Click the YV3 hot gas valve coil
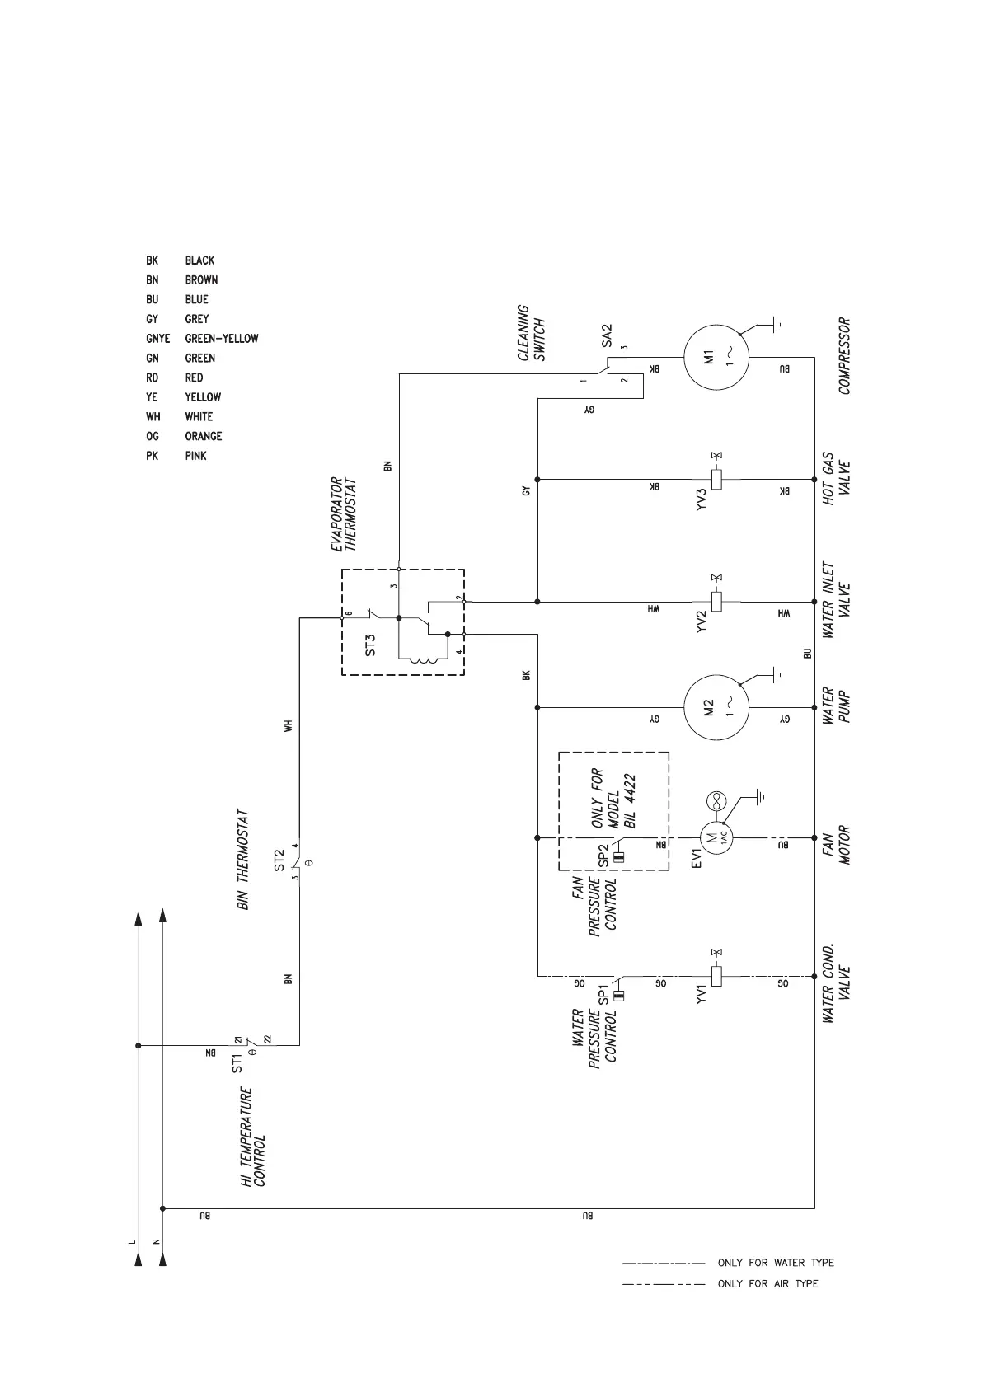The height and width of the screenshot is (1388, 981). (716, 479)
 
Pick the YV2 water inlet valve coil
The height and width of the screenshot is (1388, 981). (716, 601)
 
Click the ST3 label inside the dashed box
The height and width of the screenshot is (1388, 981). (371, 644)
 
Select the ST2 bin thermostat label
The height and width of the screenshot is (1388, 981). (279, 860)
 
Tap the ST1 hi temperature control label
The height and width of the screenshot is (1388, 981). (237, 1062)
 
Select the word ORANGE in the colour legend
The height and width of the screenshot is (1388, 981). (203, 436)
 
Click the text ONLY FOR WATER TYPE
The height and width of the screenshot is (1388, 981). (775, 1262)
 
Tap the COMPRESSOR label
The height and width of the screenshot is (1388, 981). (844, 356)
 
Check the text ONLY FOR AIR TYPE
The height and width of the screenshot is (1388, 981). (767, 1283)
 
